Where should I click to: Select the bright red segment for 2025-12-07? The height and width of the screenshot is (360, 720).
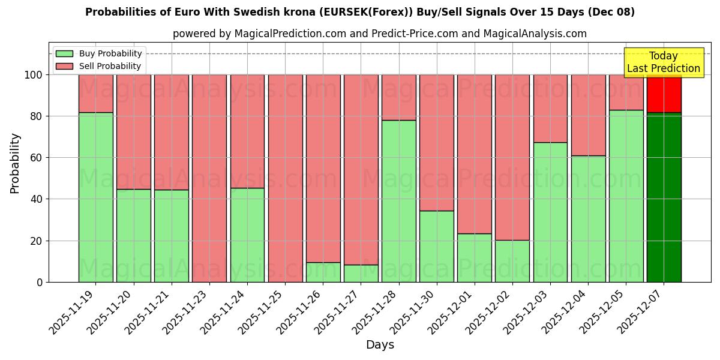(x=664, y=94)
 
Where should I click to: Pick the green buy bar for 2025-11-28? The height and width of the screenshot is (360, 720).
(x=399, y=201)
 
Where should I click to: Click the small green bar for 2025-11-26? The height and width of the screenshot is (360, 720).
(x=323, y=272)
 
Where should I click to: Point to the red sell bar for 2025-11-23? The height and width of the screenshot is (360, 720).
(x=209, y=178)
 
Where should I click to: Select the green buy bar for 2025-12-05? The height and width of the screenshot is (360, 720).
(x=626, y=196)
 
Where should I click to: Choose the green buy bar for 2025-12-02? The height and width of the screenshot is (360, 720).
(x=512, y=261)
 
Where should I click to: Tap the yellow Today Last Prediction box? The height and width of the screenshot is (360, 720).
(x=664, y=62)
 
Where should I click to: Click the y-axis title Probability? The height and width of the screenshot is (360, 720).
(x=15, y=163)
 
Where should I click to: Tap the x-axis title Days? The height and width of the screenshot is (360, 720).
(x=380, y=345)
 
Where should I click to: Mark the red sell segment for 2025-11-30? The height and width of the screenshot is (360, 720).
(x=437, y=143)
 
